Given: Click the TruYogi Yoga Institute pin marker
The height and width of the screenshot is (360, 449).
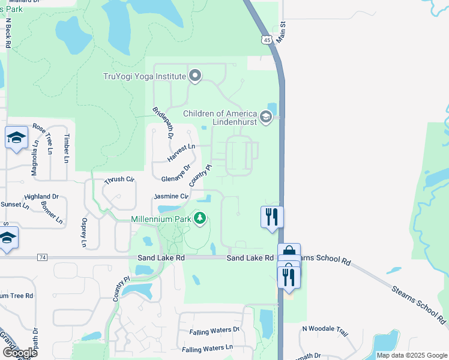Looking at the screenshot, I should pos(194,76).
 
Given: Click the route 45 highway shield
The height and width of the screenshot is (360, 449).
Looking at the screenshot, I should pos(267,40).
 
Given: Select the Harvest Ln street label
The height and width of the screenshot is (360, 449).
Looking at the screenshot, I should pos(182,152).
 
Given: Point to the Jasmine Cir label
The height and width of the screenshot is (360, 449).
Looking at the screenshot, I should pos(171,196).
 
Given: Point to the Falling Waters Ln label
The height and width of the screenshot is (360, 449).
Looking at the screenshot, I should pos(207,349).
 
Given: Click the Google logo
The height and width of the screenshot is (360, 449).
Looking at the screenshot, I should pos(19,352).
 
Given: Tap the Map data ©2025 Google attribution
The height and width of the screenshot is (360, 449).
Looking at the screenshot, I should pos(411,355).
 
